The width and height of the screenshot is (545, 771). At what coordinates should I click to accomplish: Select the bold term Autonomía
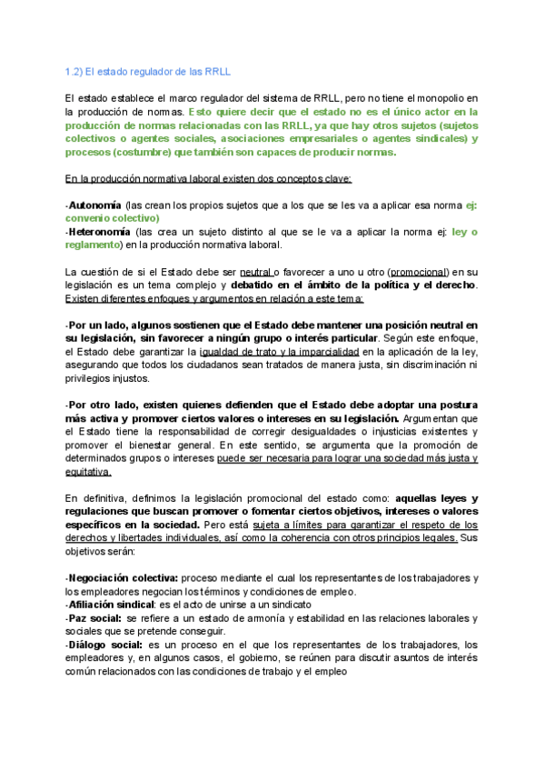(95, 205)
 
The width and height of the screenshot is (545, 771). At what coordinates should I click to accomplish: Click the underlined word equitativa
(89, 471)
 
